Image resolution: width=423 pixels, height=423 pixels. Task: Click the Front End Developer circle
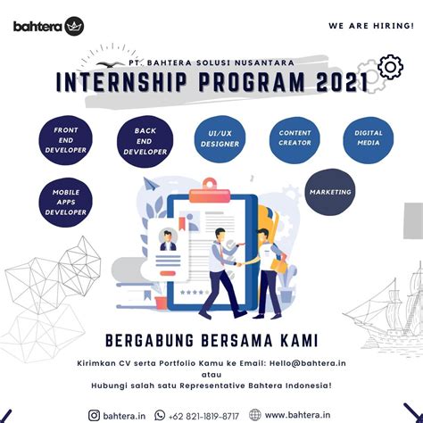tap(65, 140)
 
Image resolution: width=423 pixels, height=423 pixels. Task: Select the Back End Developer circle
tap(145, 140)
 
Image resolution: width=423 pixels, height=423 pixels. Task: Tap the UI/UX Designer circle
tap(220, 138)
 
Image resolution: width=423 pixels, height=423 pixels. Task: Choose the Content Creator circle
tap(294, 138)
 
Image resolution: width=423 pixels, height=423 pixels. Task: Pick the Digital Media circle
tap(368, 138)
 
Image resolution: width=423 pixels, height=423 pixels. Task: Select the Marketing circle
tap(329, 192)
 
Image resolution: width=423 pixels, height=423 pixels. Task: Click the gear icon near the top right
tap(390, 67)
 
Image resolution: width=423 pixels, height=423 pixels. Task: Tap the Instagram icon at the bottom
tap(95, 414)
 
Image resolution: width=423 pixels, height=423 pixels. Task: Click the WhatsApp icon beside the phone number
tap(161, 414)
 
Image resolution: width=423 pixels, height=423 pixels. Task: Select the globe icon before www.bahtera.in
tap(255, 414)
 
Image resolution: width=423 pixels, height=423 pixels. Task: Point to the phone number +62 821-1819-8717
tap(204, 414)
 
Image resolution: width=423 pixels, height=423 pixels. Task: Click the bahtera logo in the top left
tap(48, 25)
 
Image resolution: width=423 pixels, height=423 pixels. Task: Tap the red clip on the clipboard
tap(210, 186)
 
